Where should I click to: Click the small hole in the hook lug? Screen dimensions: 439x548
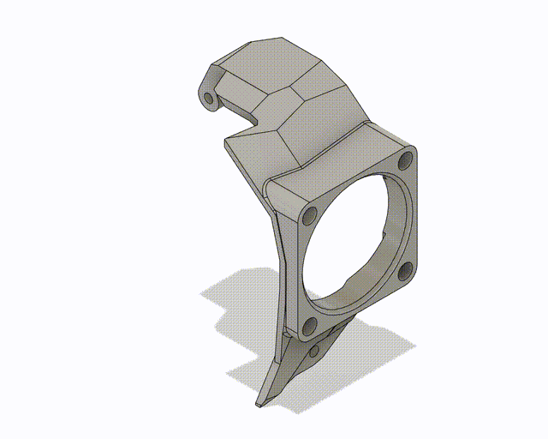coord(209,98)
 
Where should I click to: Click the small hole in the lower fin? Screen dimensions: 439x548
coord(314,350)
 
